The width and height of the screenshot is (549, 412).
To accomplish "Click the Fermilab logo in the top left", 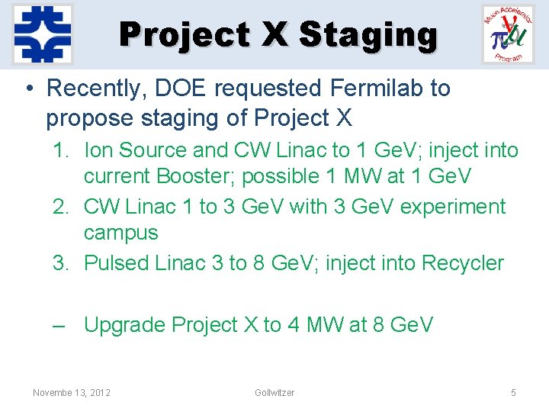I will (43, 34).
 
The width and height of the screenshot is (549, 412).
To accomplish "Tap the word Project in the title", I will (185, 35).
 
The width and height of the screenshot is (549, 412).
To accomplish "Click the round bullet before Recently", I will (27, 89).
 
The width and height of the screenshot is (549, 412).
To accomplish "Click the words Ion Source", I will (135, 150).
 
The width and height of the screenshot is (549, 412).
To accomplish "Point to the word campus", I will (120, 233).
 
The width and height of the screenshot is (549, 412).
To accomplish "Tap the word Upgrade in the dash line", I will (124, 325).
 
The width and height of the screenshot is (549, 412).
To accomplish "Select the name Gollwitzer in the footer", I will (274, 392).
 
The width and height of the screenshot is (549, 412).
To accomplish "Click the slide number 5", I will (513, 392).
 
